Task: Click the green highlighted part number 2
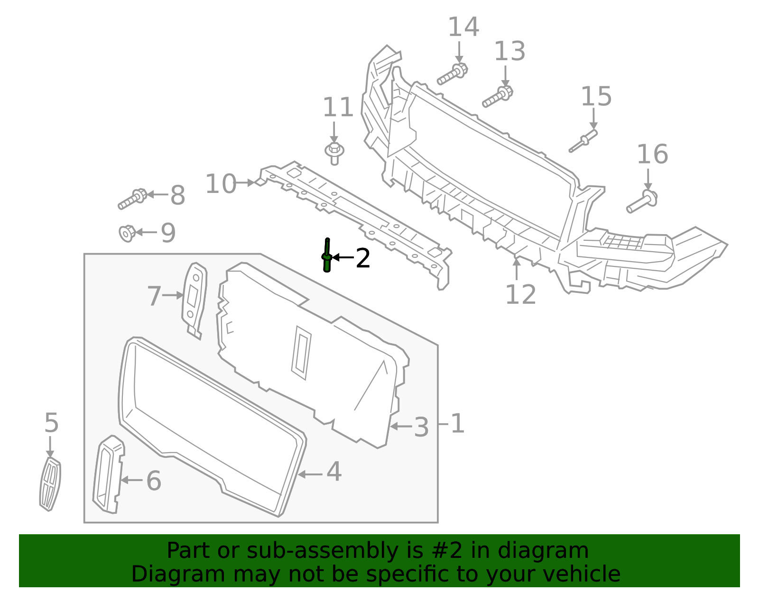(326, 256)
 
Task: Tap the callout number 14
(463, 27)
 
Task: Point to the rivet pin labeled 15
(583, 141)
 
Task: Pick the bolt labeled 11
(334, 152)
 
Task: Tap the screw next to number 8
(132, 199)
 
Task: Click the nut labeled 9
(127, 233)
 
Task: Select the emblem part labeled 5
(50, 484)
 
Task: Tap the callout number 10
(221, 184)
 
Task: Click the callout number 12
(520, 294)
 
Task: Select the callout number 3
(421, 427)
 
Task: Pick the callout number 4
(334, 472)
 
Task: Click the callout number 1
(457, 423)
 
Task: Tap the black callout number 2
(363, 258)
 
